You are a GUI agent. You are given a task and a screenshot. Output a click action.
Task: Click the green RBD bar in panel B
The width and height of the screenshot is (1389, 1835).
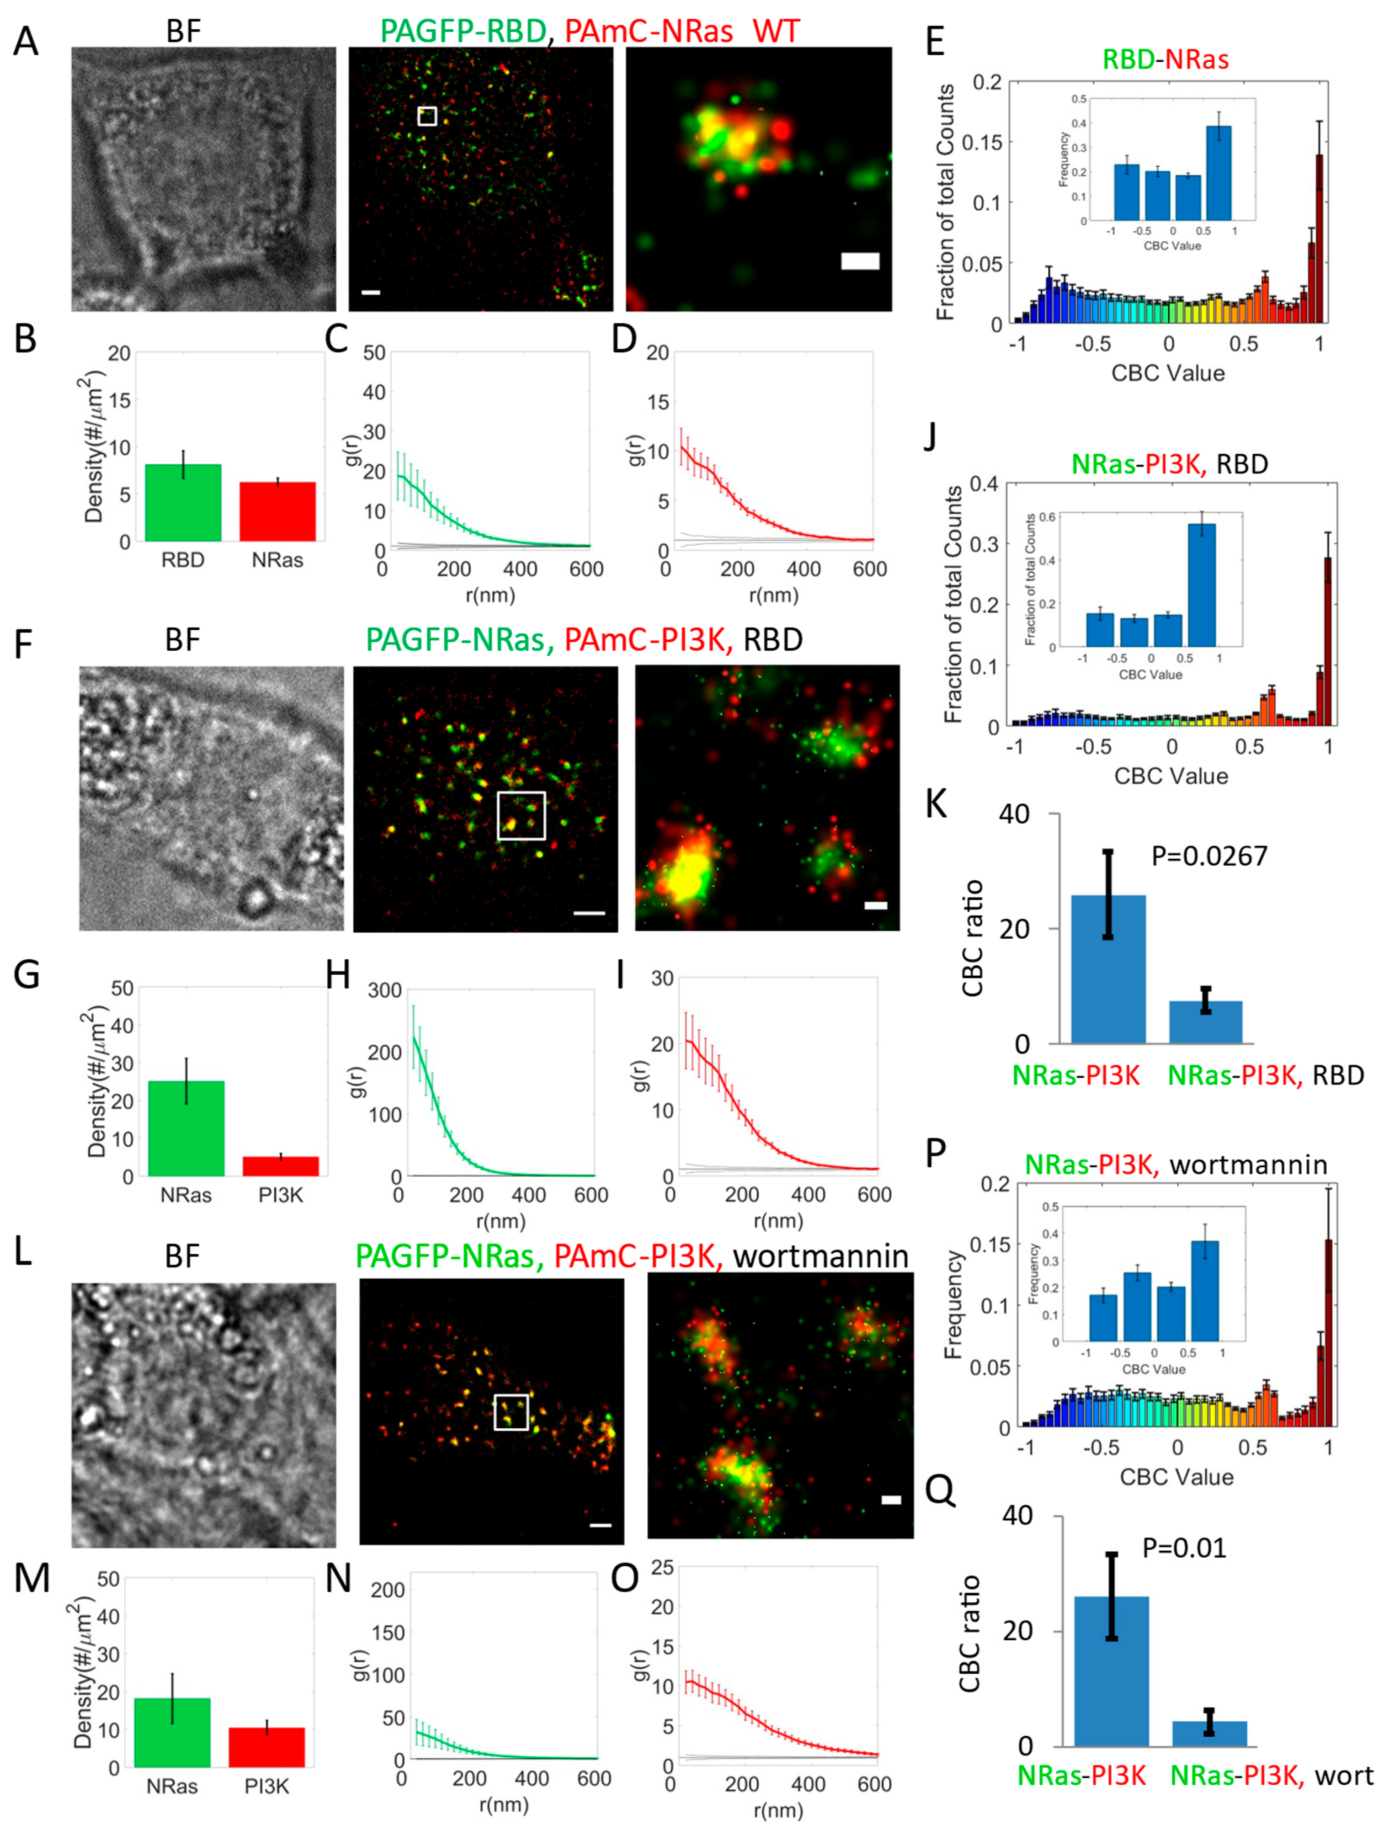click(182, 503)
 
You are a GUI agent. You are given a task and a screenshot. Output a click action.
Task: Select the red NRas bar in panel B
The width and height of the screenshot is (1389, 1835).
click(277, 511)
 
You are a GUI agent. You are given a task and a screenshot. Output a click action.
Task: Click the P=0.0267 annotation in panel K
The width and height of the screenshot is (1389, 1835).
click(1209, 856)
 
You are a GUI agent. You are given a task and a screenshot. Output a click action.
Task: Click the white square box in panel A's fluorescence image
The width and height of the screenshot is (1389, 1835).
click(426, 116)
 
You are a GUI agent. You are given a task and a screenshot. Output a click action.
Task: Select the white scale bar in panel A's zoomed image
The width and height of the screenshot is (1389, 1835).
click(860, 261)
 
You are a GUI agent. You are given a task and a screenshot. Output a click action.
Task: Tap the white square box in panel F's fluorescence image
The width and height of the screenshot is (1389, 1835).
click(521, 815)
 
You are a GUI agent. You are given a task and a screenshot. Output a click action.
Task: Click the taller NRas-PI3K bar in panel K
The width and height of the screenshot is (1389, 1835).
click(1108, 969)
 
